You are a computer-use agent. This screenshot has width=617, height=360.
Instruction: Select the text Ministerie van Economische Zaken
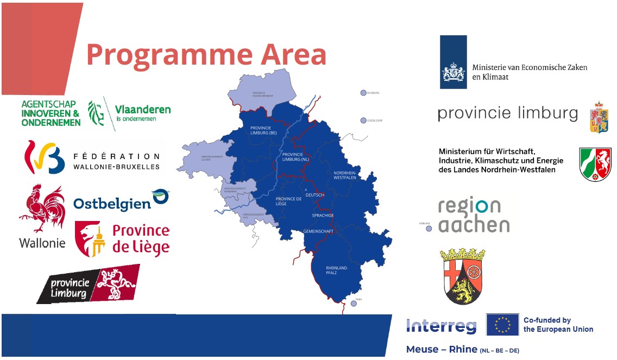pos(530,67)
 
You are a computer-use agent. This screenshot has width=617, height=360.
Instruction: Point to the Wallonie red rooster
pos(42,209)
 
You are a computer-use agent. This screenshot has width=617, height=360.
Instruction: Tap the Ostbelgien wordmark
pos(112,204)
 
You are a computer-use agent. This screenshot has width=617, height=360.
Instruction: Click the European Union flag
pos(502,325)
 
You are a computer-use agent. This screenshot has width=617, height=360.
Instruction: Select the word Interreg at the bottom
pos(441,326)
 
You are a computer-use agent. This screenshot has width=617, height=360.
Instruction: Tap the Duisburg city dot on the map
pos(363,93)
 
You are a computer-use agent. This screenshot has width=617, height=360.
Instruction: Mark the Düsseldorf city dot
pos(363,120)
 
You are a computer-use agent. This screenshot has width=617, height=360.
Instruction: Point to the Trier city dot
pos(354,304)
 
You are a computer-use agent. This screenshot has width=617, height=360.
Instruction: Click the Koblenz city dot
pos(429,229)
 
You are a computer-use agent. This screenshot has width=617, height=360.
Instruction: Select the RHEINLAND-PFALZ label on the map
pos(336,270)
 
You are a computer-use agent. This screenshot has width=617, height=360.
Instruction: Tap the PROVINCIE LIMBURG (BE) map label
pos(263,130)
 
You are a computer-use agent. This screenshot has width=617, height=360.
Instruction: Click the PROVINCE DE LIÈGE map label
pos(288,201)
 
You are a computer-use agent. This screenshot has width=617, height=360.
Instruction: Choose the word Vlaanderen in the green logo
pos(143,109)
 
